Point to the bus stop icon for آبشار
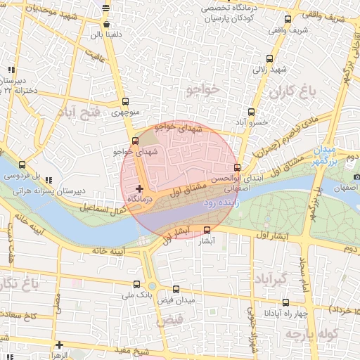207,230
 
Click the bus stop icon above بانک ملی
136,285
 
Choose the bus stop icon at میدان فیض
176,288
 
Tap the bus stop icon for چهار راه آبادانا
285,302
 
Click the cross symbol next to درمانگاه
140,188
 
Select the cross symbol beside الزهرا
60,345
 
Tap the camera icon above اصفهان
356,176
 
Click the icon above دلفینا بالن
105,8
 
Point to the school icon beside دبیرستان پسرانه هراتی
48,180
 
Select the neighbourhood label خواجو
204,88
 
